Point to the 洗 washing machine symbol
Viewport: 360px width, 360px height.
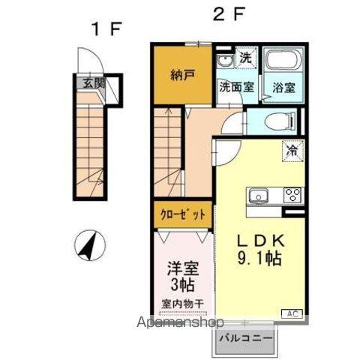click(x=244, y=57)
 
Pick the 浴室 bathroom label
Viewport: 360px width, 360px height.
click(x=282, y=86)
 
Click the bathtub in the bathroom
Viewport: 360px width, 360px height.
click(x=283, y=62)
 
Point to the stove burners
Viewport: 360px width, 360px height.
click(x=292, y=196)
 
